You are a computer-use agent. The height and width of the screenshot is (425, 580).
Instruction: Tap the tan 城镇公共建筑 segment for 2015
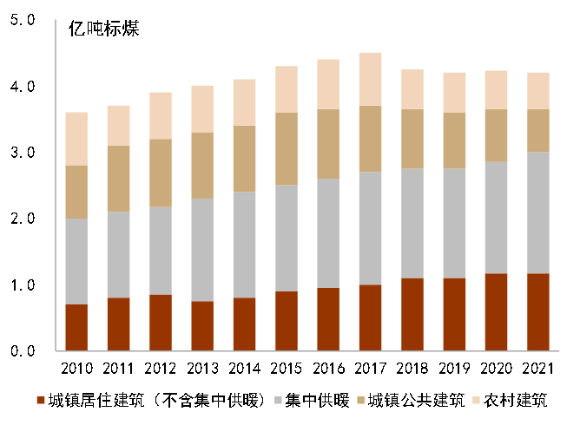point(287,148)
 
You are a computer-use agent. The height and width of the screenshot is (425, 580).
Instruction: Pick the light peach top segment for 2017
point(371,79)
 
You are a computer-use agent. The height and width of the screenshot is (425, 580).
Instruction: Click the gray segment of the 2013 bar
point(202,250)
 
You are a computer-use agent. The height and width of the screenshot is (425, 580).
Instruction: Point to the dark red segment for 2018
point(413,314)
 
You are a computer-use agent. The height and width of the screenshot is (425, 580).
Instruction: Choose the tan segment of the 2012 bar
point(161,173)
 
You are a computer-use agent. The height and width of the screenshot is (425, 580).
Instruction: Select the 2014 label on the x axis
point(245,369)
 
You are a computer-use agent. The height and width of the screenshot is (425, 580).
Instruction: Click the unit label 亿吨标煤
point(104,28)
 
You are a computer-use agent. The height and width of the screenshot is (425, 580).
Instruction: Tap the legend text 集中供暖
point(320,401)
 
